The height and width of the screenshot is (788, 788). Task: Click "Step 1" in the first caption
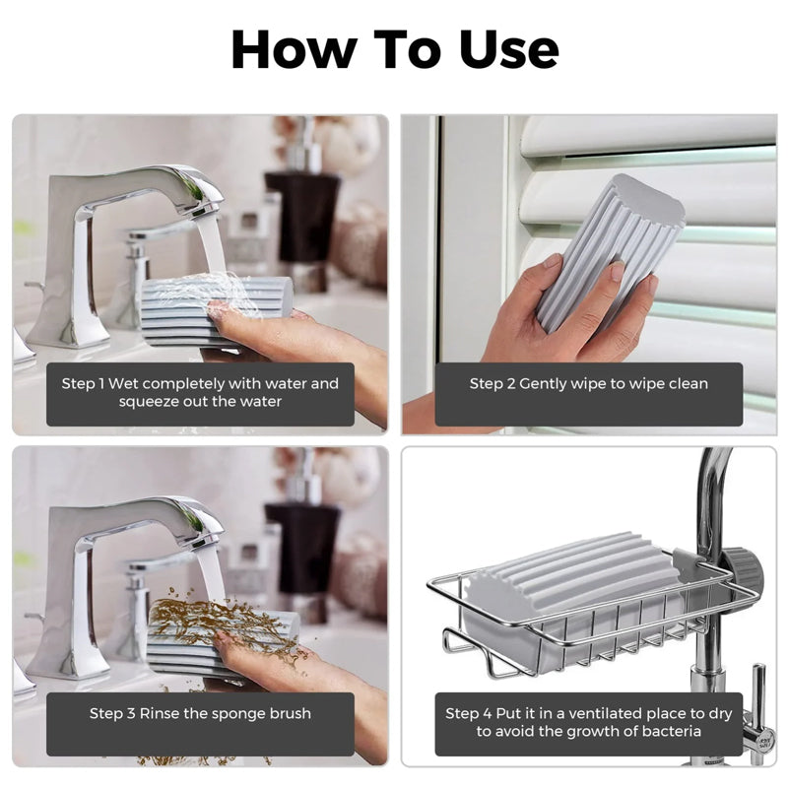click(x=83, y=384)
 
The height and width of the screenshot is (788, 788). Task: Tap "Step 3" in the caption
click(x=112, y=713)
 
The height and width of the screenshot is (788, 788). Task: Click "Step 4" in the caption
click(x=469, y=713)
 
